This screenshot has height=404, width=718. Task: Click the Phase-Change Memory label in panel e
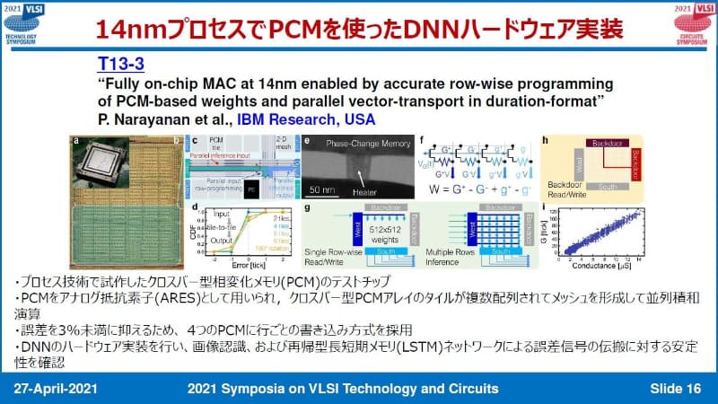pyautogui.click(x=362, y=144)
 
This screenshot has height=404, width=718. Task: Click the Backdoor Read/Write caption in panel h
pyautogui.click(x=554, y=198)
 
